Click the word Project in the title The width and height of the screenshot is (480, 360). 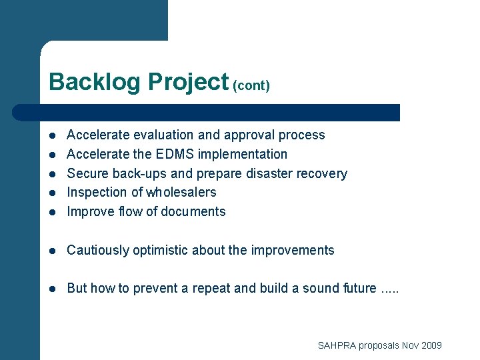[189, 82]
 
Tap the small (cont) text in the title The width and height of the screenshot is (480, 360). [251, 86]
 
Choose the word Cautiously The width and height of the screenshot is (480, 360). [98, 251]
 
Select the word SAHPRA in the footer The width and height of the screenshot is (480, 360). [337, 345]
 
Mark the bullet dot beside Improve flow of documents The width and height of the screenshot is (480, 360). [52, 212]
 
